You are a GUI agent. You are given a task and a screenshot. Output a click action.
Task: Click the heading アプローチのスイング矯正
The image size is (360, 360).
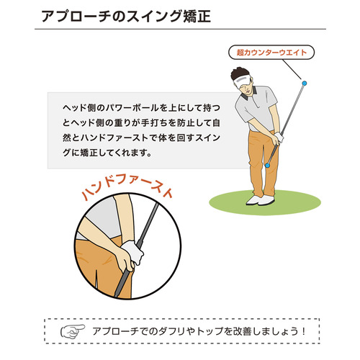126,17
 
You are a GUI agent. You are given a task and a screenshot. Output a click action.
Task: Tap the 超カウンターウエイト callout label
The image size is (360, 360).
271,53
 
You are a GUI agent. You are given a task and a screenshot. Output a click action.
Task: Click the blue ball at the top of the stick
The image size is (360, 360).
304,84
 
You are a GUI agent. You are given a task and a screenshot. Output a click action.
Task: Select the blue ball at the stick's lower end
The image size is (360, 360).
267,166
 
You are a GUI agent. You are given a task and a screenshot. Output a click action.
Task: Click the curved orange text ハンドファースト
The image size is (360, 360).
127,189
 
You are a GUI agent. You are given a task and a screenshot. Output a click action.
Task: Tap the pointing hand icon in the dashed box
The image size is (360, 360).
73,331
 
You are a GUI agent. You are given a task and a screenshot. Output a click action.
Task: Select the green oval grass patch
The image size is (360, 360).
265,202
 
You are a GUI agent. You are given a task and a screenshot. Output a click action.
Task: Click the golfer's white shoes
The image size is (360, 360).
260,199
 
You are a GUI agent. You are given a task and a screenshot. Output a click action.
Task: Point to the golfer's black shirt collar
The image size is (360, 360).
248,94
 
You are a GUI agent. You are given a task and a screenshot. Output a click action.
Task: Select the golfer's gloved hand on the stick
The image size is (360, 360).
279,138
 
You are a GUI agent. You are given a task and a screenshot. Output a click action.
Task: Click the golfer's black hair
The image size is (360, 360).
239,73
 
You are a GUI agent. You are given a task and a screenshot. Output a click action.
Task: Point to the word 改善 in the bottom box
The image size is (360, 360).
243,331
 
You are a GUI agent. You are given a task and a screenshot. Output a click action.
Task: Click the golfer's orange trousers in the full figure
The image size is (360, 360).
262,163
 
